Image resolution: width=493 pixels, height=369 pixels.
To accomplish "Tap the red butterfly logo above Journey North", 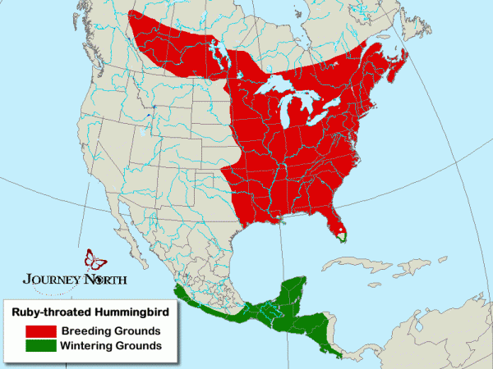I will point(95,261).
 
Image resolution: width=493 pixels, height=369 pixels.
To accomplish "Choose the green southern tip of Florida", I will point(343,238).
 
